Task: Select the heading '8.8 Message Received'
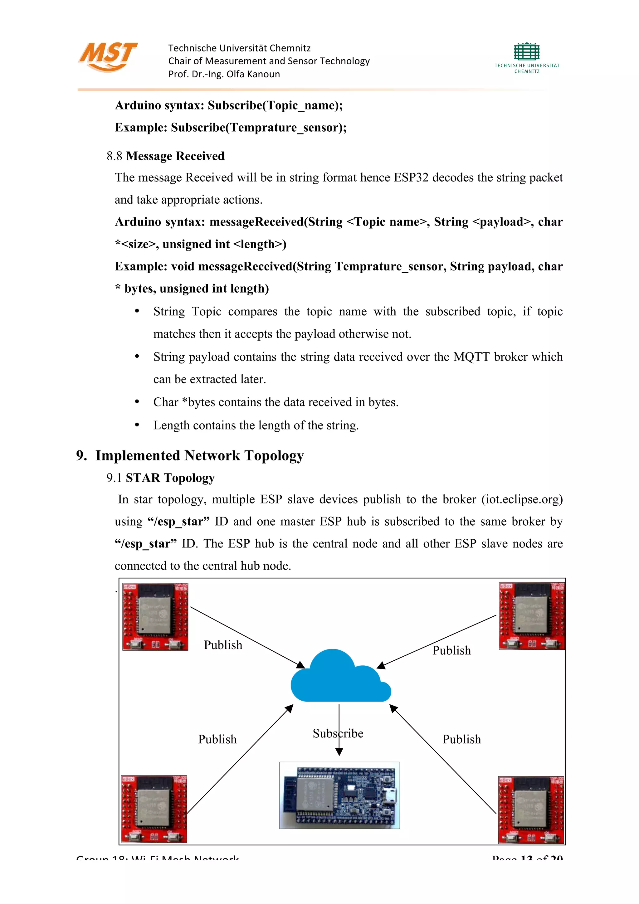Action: tap(165, 156)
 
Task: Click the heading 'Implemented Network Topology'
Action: tap(199, 455)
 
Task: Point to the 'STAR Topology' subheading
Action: tap(170, 478)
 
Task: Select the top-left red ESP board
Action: tap(155, 617)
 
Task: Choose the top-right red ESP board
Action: tap(532, 616)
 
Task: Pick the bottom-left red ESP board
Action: tap(154, 809)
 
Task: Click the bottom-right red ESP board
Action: tap(531, 809)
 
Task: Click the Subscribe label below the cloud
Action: tap(338, 733)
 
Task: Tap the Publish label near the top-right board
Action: tap(451, 650)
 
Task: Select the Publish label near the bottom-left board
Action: tap(217, 739)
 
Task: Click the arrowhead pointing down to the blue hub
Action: tap(339, 752)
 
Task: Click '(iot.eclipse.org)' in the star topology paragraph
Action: tap(522, 499)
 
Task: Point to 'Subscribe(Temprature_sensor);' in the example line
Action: tap(259, 128)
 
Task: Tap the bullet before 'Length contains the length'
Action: tap(137, 425)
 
